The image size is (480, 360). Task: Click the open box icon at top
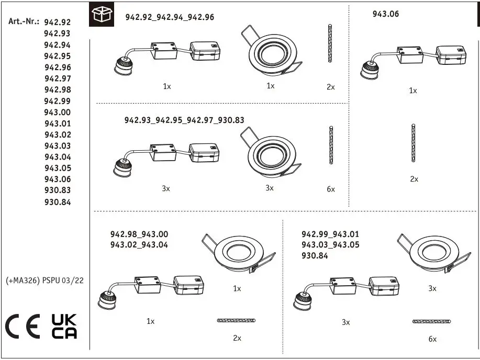coord(102,15)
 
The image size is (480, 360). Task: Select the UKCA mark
coord(64,327)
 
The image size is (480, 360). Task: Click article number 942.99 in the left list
coord(58,101)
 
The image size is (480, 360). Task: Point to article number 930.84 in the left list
coord(58,202)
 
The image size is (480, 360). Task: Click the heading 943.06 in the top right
coord(385,14)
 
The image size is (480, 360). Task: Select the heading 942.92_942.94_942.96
coord(170,17)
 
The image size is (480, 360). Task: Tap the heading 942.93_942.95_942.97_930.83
coord(184,120)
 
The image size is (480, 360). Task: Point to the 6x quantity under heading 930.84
coord(432,339)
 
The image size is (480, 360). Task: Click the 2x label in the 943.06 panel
coord(414,179)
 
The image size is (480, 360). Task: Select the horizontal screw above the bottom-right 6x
coord(431,321)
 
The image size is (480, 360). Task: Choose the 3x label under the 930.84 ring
coord(432,288)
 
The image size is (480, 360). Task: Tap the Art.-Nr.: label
coord(24,21)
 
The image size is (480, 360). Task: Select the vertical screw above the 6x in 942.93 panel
coord(331,145)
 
